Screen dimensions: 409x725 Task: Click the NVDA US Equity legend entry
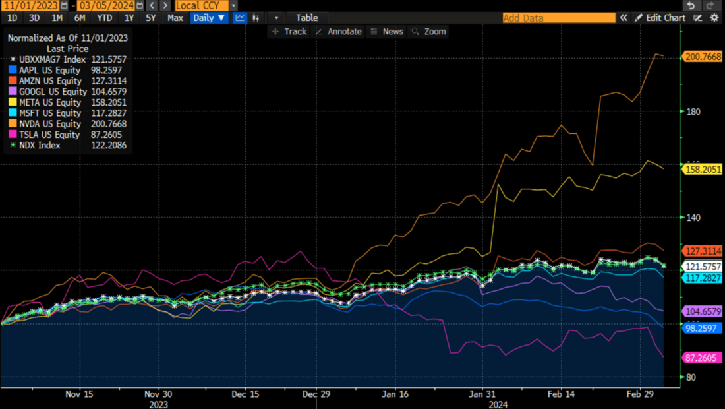coord(66,124)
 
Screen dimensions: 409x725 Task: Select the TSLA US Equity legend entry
coord(66,135)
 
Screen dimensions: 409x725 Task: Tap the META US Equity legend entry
coord(66,102)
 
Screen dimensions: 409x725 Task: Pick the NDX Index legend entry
coord(66,146)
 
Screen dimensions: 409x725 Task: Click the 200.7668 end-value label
coord(703,57)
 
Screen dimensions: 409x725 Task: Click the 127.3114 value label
coord(703,251)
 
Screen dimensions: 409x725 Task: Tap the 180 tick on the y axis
coord(693,111)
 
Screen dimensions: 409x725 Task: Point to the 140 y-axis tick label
coord(693,218)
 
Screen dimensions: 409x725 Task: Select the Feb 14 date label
coord(561,393)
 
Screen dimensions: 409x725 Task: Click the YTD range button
coord(104,18)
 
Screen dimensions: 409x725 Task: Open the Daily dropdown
coord(208,18)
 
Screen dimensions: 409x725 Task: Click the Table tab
coord(306,18)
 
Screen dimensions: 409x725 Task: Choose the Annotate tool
coord(339,32)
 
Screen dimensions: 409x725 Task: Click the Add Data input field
coord(558,18)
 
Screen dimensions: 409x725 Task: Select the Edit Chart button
coord(660,18)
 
